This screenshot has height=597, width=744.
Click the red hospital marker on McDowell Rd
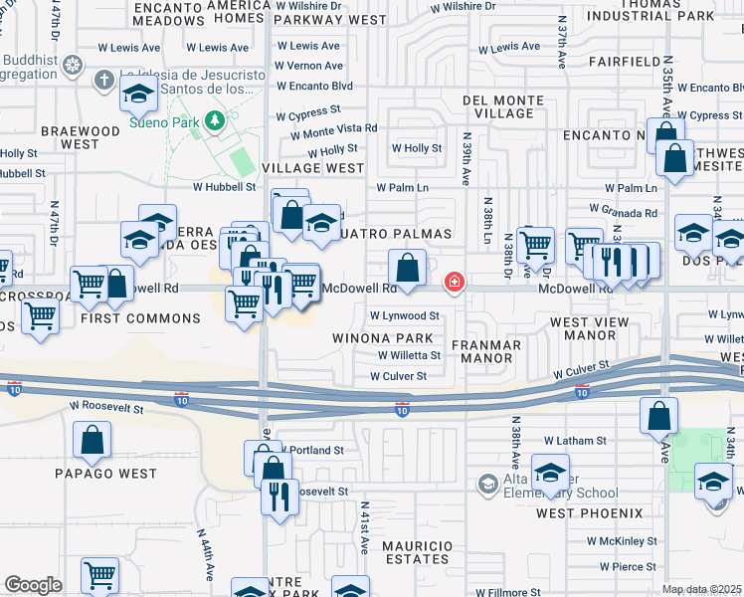click(455, 284)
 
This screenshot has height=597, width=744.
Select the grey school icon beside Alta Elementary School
click(487, 485)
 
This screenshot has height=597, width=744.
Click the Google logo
click(33, 584)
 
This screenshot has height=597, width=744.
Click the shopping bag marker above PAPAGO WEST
click(92, 441)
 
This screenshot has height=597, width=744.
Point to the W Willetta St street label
click(409, 355)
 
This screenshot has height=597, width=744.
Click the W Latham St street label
click(574, 440)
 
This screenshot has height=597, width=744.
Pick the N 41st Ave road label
click(365, 541)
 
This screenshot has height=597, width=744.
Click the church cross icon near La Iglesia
click(103, 78)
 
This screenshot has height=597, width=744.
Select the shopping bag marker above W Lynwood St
click(408, 268)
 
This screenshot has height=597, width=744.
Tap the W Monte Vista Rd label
click(333, 129)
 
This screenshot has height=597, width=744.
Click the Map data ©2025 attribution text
click(701, 589)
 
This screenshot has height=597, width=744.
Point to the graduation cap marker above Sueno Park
click(140, 95)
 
